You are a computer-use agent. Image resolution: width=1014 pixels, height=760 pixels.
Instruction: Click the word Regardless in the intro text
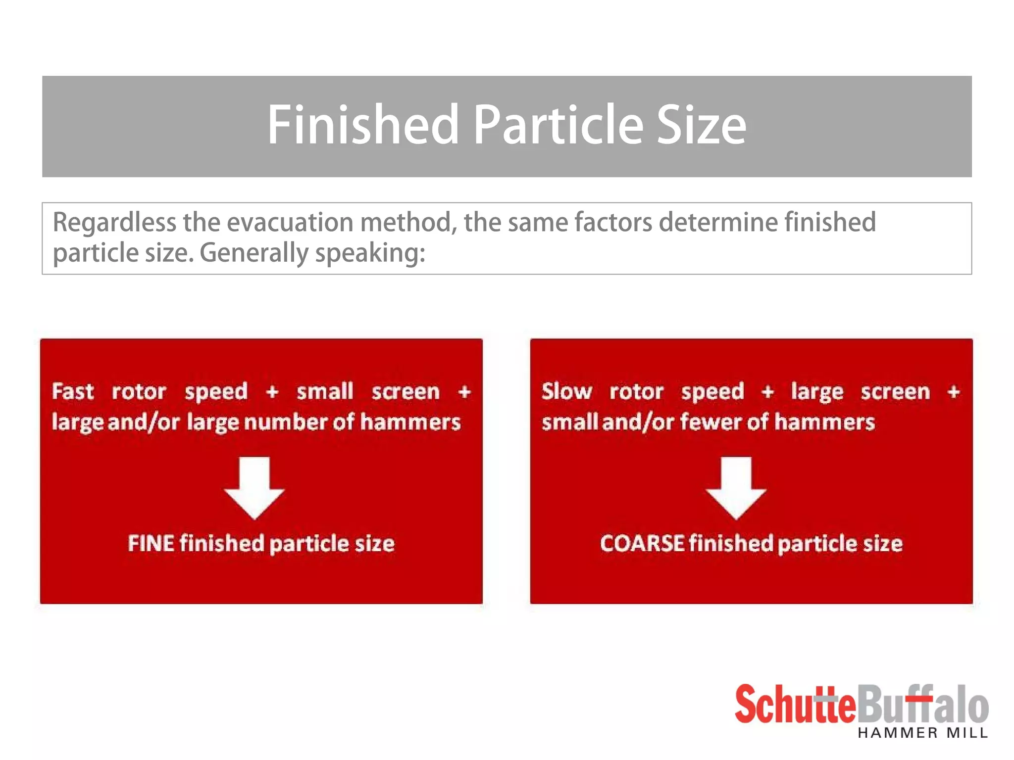(x=114, y=223)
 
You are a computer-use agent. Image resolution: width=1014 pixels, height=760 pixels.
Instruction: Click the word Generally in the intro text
(x=254, y=253)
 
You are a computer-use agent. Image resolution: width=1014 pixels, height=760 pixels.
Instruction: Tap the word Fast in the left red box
(x=73, y=391)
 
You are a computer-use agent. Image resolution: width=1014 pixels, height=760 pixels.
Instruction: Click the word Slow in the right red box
(x=566, y=391)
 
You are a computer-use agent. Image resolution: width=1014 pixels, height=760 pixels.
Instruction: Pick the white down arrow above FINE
(x=254, y=487)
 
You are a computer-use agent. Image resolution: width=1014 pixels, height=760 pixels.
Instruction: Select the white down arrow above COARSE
(x=736, y=487)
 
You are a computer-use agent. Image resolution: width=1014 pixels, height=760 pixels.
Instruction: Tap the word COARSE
(x=642, y=543)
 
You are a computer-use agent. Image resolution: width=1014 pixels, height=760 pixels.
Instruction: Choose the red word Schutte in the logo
(x=795, y=705)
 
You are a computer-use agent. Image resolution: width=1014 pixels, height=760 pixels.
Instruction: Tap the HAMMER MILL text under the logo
(x=922, y=733)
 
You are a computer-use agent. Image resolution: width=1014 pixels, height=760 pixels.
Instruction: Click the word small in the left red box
(x=325, y=391)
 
